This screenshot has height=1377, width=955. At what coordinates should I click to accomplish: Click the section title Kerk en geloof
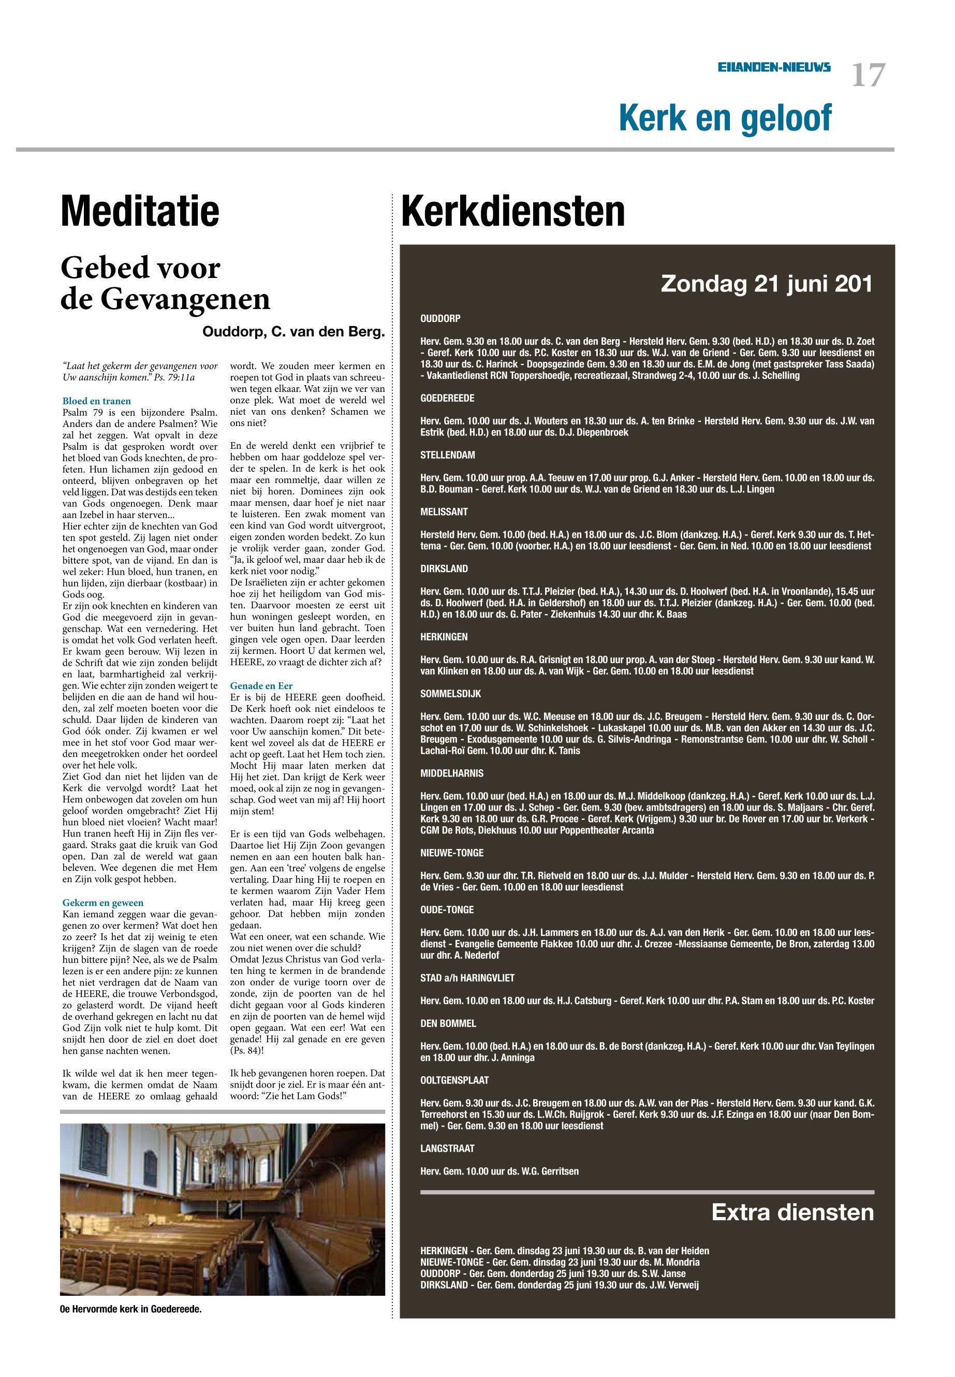(x=725, y=118)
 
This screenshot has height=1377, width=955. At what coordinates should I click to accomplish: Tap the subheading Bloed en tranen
(x=96, y=401)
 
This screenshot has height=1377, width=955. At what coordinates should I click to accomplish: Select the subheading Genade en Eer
(x=261, y=686)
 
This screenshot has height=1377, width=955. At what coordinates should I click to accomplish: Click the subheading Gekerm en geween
(x=103, y=902)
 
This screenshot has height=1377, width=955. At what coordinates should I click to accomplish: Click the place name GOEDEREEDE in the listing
(x=447, y=398)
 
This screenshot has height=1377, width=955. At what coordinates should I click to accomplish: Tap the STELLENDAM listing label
(x=448, y=455)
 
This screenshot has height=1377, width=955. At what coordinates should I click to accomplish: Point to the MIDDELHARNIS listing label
(x=452, y=773)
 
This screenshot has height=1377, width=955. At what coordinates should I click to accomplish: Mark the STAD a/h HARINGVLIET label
(x=467, y=978)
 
